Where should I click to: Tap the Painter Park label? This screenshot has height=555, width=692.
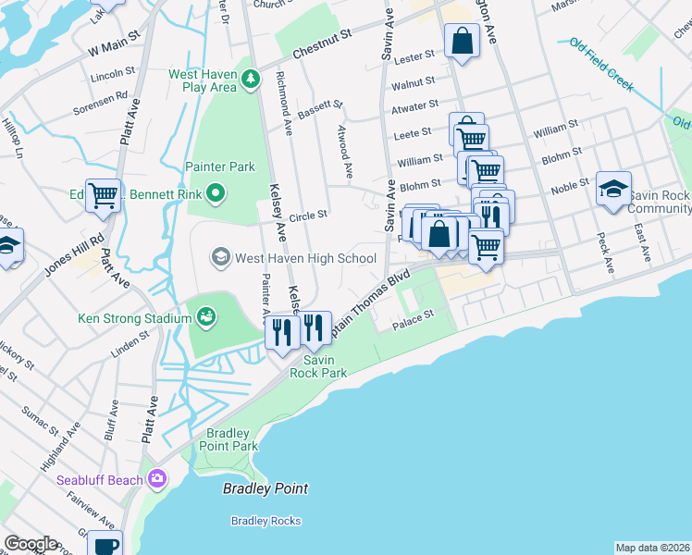(x=219, y=166)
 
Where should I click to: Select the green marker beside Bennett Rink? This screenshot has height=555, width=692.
(x=216, y=193)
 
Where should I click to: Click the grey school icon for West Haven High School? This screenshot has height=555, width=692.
(x=221, y=255)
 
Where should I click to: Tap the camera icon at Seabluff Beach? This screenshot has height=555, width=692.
(x=156, y=478)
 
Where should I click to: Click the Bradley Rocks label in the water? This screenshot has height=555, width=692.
(x=266, y=521)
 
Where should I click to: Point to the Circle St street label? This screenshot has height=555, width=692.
(x=308, y=216)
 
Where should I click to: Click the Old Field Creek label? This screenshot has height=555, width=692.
(x=601, y=65)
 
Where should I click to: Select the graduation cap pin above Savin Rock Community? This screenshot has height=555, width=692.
(x=613, y=190)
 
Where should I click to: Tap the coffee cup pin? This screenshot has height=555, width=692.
(x=105, y=545)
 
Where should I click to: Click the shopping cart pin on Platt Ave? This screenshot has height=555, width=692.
(x=104, y=195)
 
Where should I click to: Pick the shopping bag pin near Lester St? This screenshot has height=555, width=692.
(x=461, y=42)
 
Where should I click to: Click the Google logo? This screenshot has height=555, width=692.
(x=31, y=544)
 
